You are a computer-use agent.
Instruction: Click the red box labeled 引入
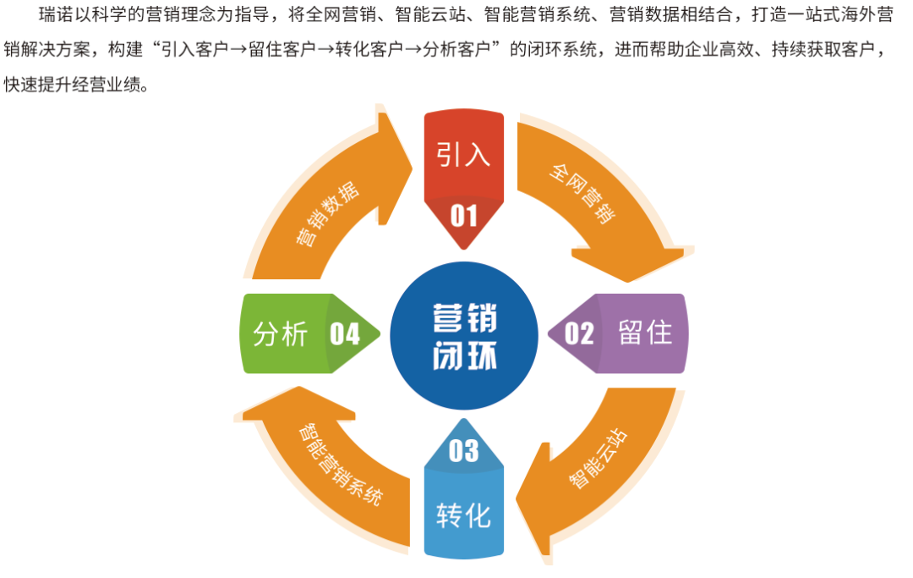tap(463, 155)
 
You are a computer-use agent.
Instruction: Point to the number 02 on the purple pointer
tap(579, 333)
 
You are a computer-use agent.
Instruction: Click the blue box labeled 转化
tap(463, 515)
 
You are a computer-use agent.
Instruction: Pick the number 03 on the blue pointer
tap(463, 451)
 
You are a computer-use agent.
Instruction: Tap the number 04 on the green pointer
tap(344, 334)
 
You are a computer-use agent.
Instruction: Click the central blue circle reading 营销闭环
tap(463, 334)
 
